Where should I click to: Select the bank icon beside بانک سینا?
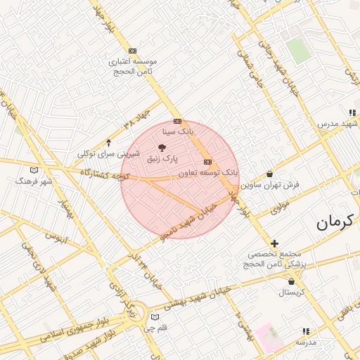(177, 121)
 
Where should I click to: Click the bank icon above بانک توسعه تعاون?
(207, 162)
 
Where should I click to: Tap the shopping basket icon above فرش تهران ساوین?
(270, 174)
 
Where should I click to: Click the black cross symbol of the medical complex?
(274, 243)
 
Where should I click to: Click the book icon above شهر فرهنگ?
(35, 169)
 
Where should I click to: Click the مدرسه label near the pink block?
(306, 342)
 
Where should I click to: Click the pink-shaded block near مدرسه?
(269, 337)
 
